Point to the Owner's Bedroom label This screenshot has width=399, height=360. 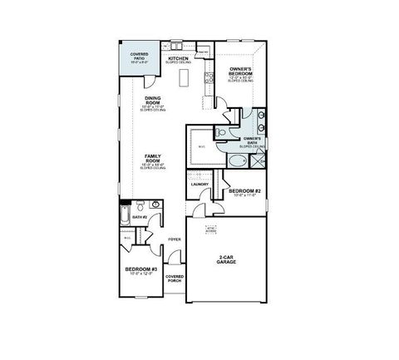(240, 74)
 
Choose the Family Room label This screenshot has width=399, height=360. (152, 160)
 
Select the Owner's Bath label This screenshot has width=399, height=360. (254, 141)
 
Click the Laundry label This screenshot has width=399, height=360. (199, 184)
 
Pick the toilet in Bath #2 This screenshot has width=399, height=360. (142, 204)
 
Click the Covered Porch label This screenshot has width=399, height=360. (174, 279)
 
